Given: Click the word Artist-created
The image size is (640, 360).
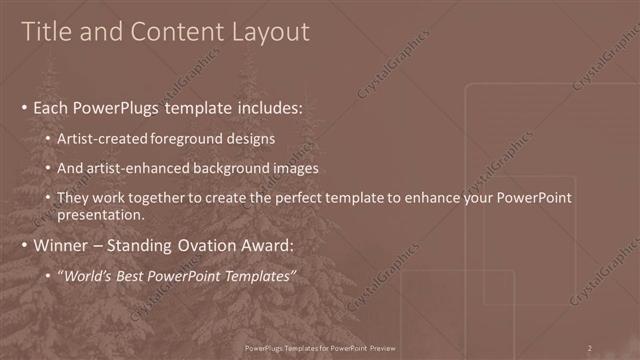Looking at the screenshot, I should click(105, 138).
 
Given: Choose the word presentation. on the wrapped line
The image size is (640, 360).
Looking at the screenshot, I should click(103, 214).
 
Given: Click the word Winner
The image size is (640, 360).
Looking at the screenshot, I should click(63, 245).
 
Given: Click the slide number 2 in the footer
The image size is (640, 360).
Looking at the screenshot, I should click(590, 348).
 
